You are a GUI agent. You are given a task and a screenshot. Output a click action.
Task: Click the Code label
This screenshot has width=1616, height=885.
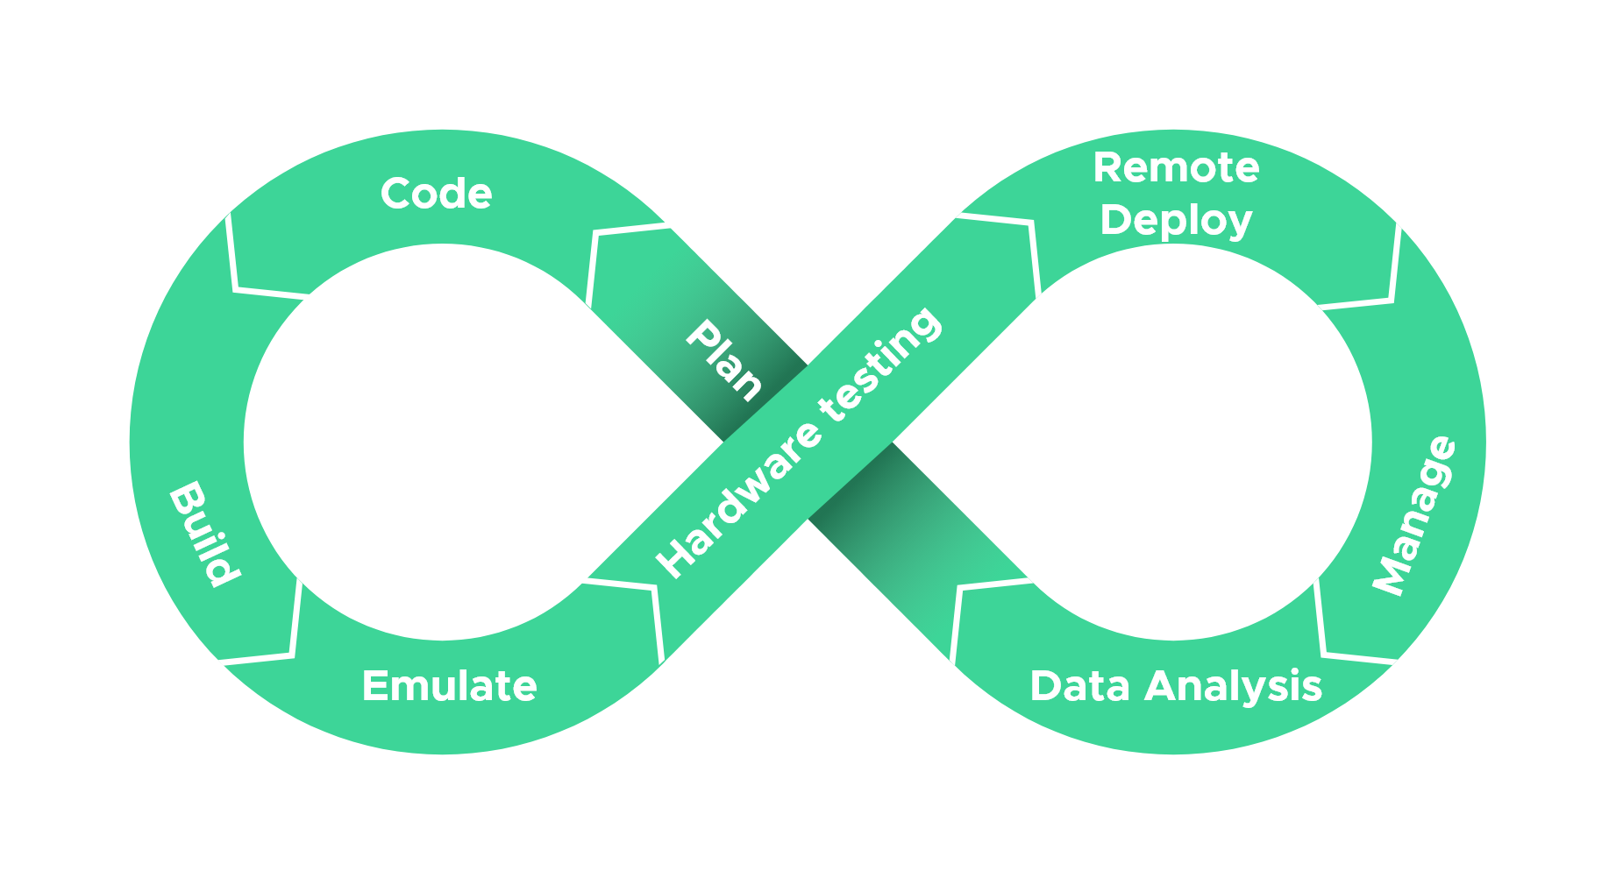click(x=436, y=194)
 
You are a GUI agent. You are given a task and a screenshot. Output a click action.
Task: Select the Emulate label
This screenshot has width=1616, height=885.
click(x=449, y=686)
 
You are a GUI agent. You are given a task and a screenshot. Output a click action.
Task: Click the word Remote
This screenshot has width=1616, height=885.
click(x=1175, y=168)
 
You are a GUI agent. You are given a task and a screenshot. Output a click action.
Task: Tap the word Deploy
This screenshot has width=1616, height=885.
click(x=1175, y=221)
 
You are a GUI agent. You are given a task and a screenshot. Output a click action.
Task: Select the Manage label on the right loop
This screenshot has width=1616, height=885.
click(x=1413, y=516)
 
